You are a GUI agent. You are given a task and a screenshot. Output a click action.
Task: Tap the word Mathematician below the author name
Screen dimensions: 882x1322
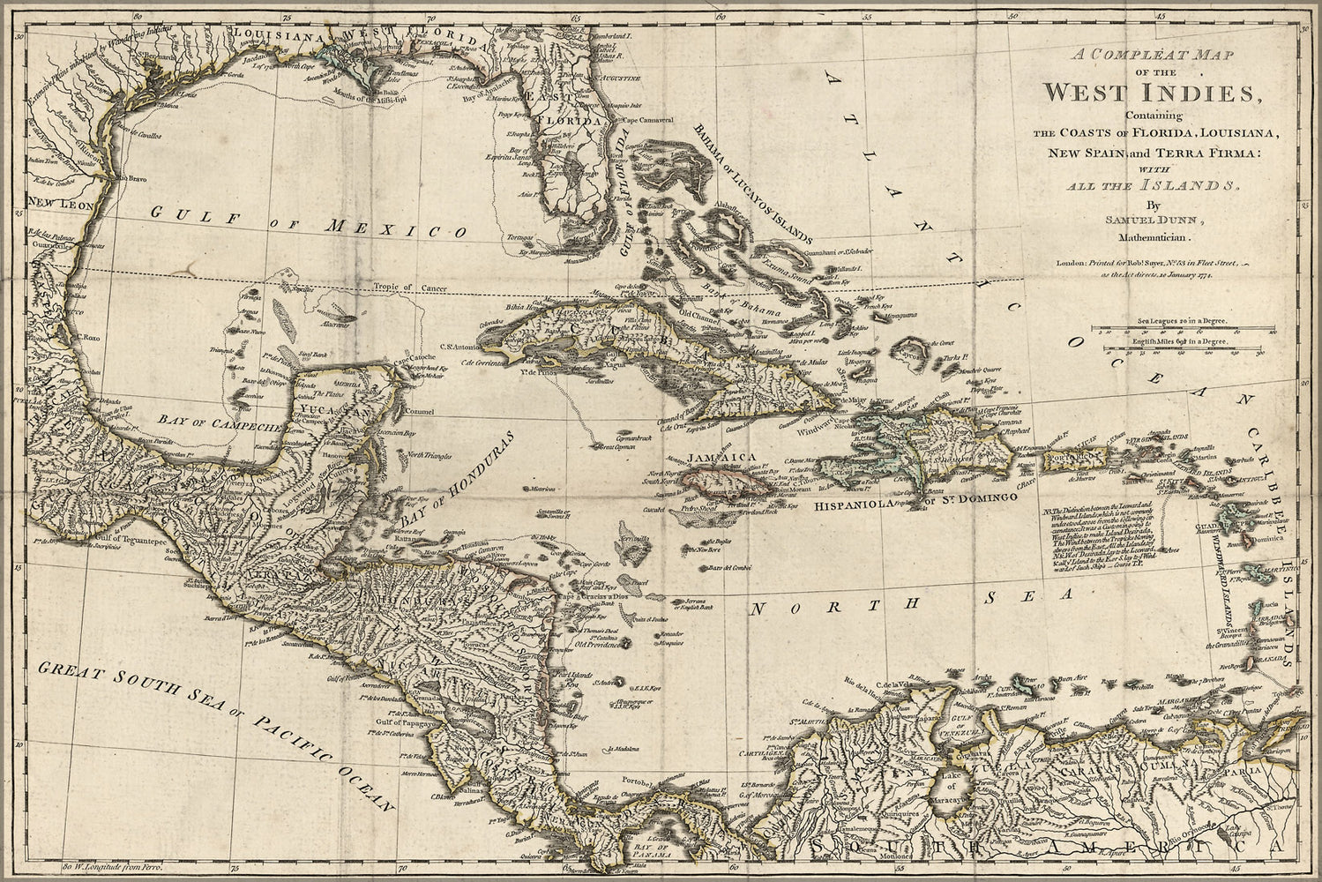point(1154,237)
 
